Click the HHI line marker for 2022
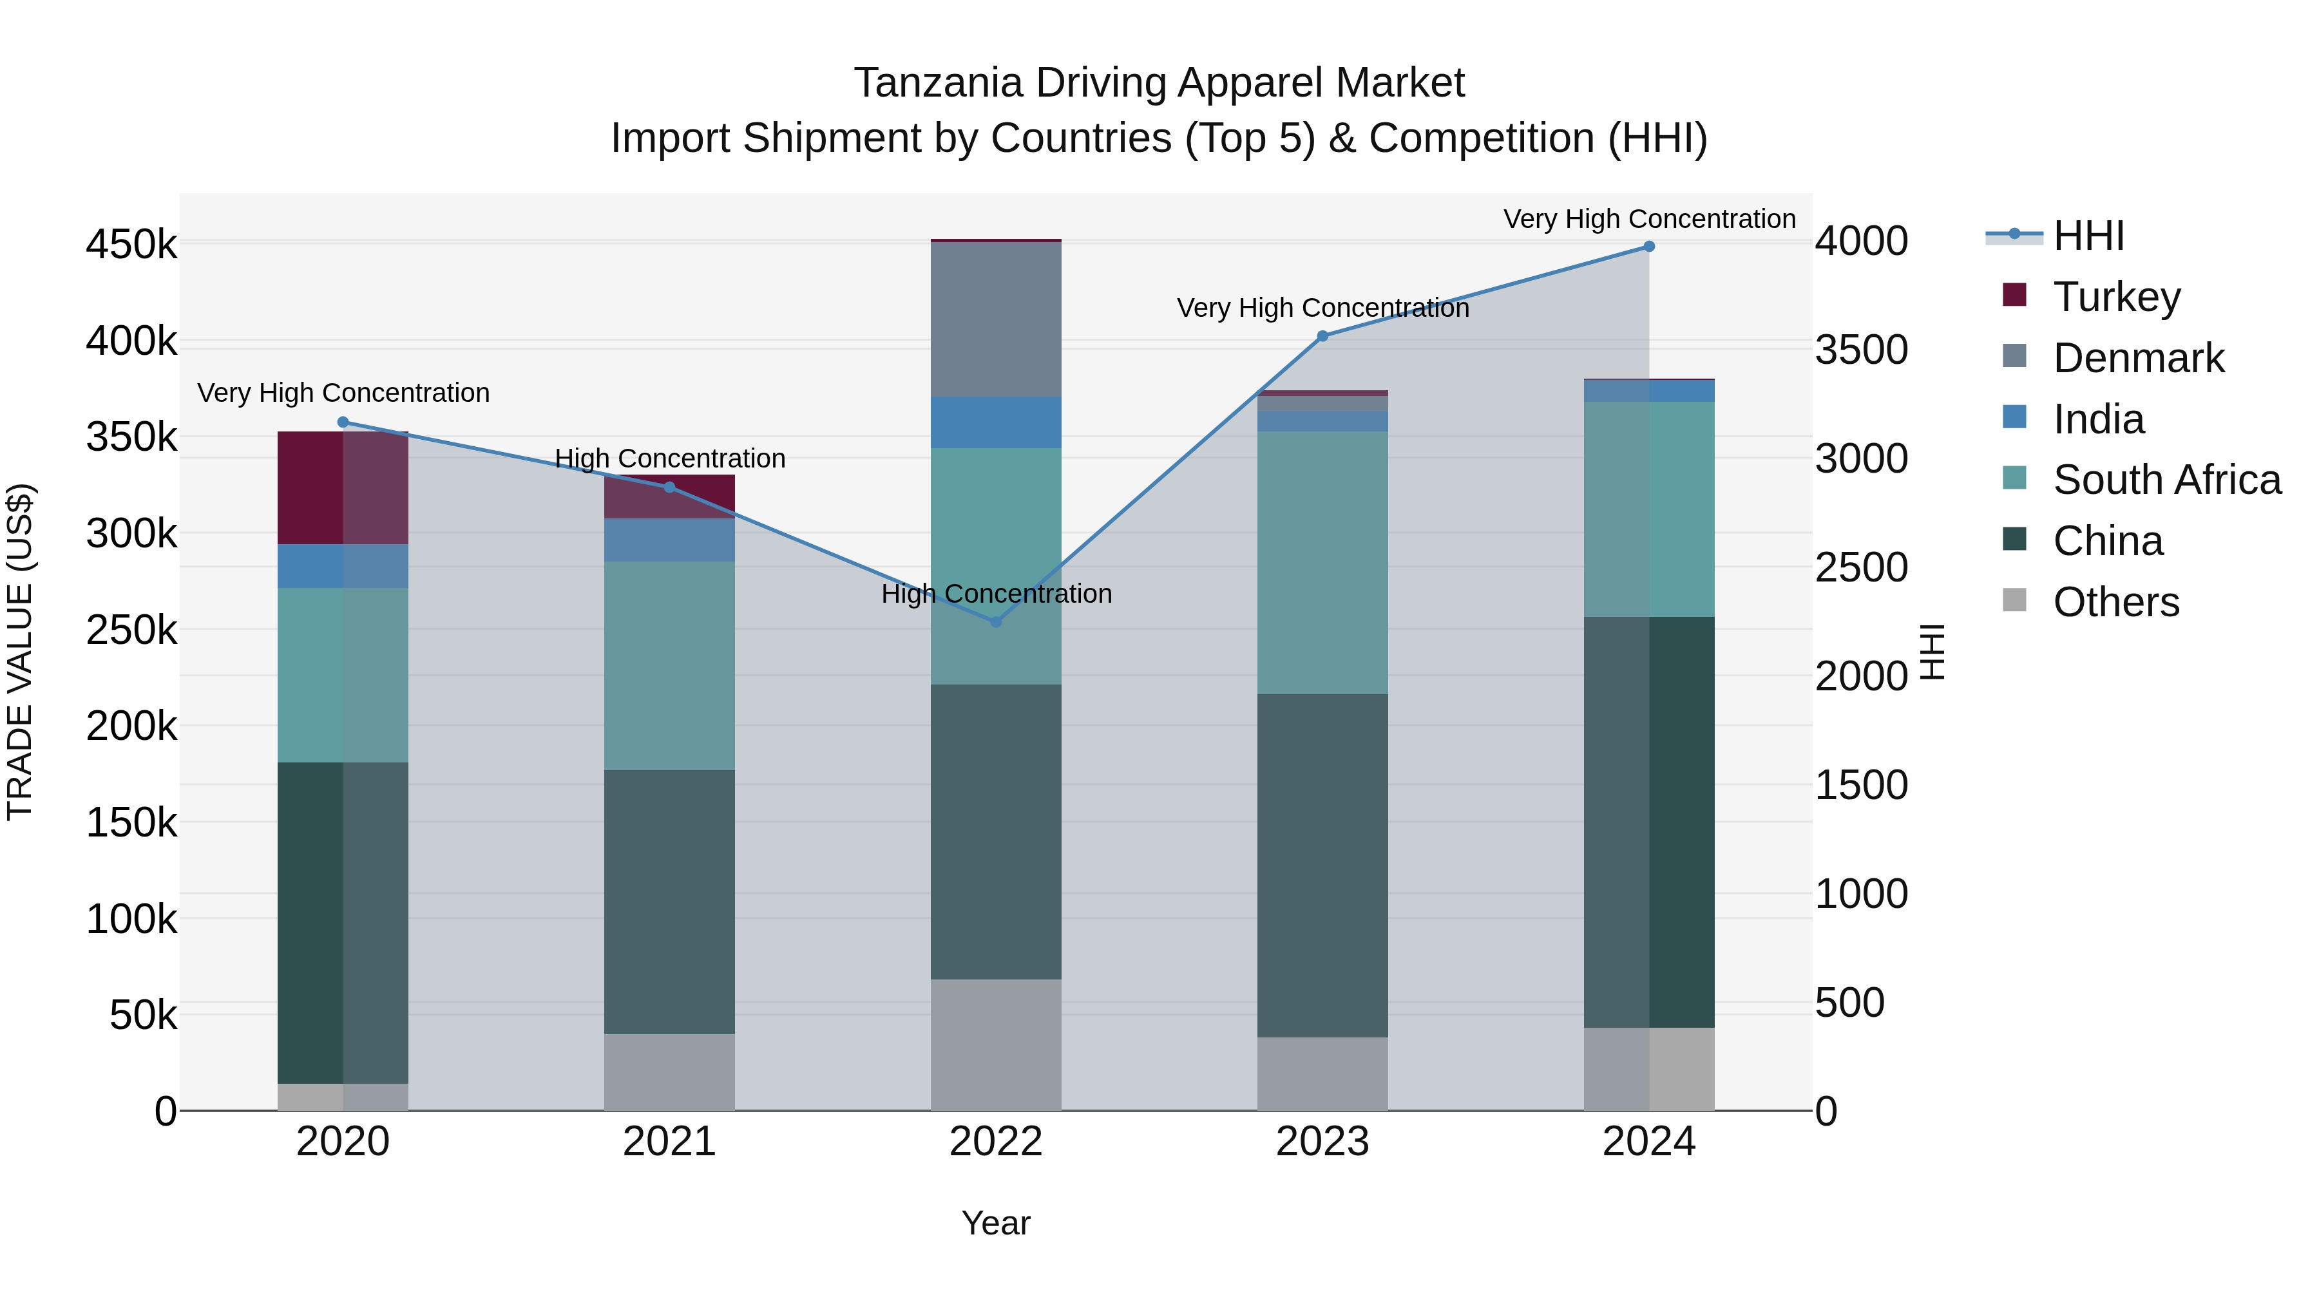[996, 622]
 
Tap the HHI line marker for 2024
[1649, 247]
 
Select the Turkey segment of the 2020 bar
[343, 487]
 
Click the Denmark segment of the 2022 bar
[996, 319]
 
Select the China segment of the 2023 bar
[1322, 865]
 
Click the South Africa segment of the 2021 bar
[669, 666]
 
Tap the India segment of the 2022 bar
[996, 422]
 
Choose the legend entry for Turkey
[2117, 297]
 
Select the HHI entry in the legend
[2088, 236]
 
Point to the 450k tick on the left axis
[131, 245]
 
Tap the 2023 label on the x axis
[1322, 1142]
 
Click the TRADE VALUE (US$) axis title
[20, 652]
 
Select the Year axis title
[996, 1223]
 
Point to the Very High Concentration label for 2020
[343, 393]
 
